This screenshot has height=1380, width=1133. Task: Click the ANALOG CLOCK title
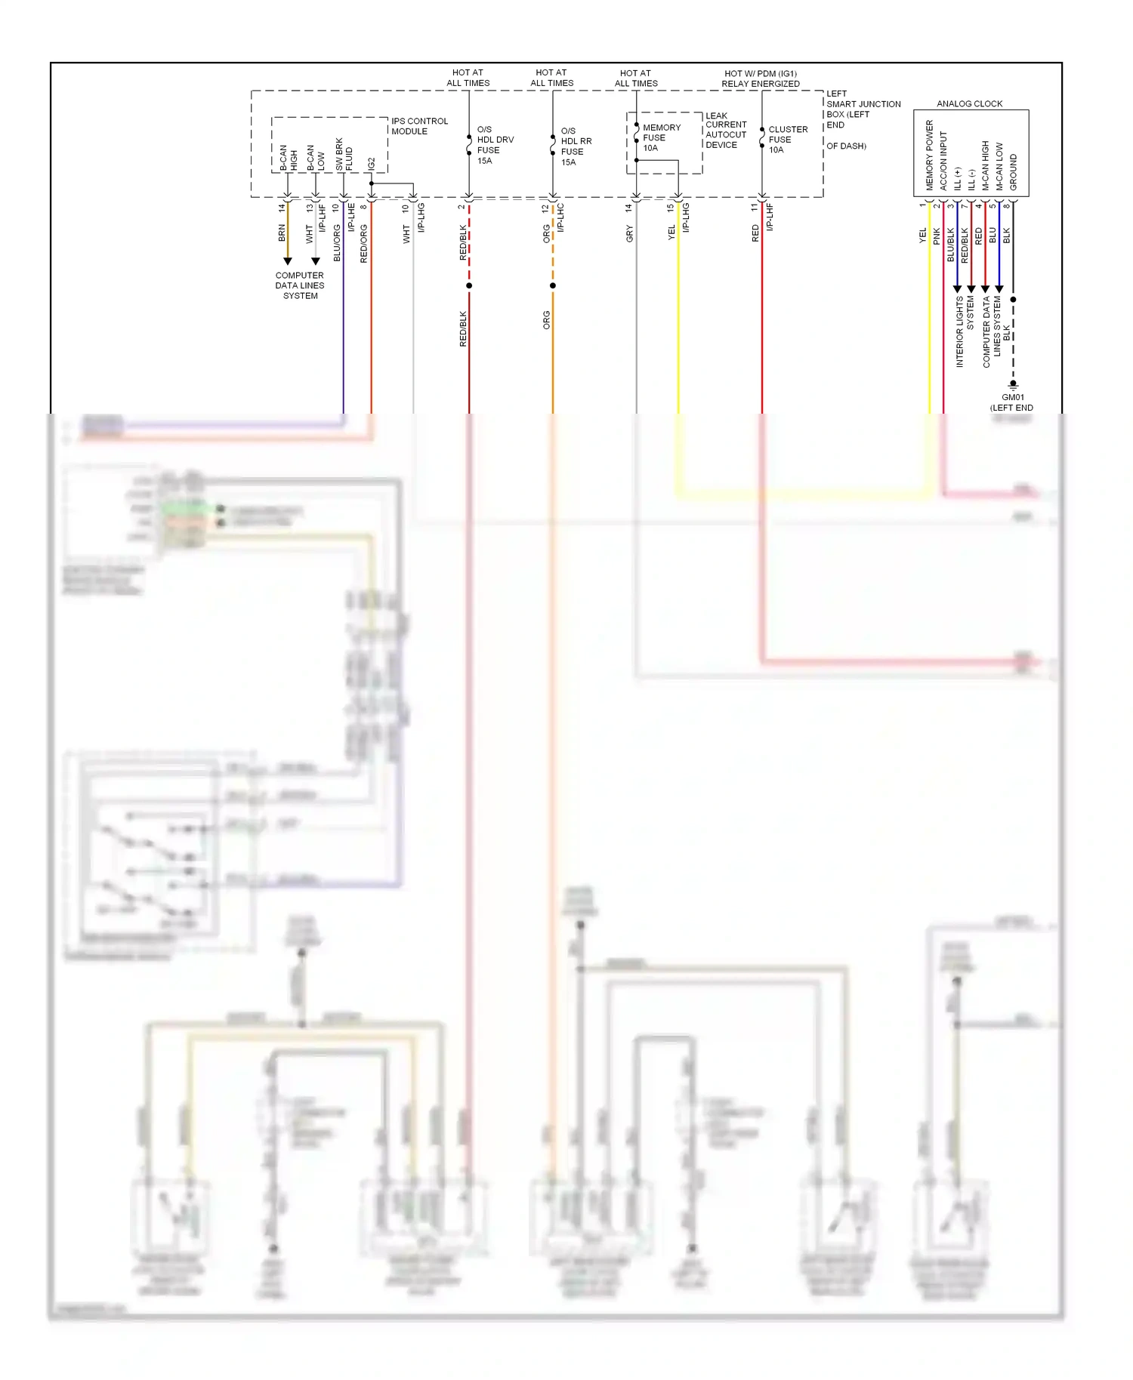click(x=969, y=103)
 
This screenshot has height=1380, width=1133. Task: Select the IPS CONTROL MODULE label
click(x=419, y=126)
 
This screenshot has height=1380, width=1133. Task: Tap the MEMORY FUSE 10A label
click(x=661, y=137)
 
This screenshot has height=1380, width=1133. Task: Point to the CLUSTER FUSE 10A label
click(x=787, y=140)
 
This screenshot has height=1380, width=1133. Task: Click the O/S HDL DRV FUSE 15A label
click(x=495, y=145)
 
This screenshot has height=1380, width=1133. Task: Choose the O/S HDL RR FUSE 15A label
click(x=576, y=146)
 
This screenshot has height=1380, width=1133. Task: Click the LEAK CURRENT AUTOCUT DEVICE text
click(x=725, y=130)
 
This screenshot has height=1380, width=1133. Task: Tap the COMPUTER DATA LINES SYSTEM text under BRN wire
click(x=300, y=285)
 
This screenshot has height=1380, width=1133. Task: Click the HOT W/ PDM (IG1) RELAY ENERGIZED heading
click(x=760, y=79)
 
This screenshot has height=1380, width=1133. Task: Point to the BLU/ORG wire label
click(x=337, y=242)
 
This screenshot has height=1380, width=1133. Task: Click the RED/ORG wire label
click(x=364, y=242)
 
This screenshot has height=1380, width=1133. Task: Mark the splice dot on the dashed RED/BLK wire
click(x=469, y=285)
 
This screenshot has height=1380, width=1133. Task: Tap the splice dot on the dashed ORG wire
click(x=553, y=285)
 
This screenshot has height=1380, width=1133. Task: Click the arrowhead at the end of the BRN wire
click(x=287, y=261)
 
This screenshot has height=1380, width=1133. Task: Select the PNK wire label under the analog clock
click(x=937, y=236)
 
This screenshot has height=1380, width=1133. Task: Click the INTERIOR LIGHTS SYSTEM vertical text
click(x=965, y=331)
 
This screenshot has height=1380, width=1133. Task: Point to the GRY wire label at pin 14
click(x=629, y=234)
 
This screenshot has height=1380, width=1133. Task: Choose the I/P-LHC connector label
click(x=561, y=217)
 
